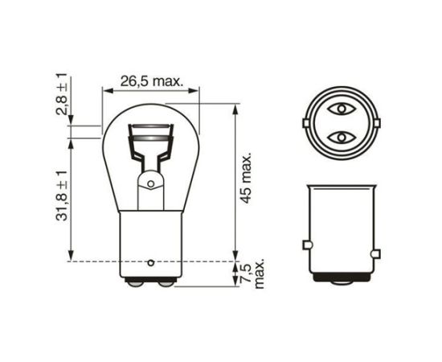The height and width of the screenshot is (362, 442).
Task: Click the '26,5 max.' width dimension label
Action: [x=153, y=81]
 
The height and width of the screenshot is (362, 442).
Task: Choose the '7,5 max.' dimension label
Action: [x=253, y=275]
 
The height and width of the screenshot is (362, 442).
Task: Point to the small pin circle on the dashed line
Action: [x=151, y=262]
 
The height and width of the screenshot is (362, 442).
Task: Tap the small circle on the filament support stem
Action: [x=149, y=183]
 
